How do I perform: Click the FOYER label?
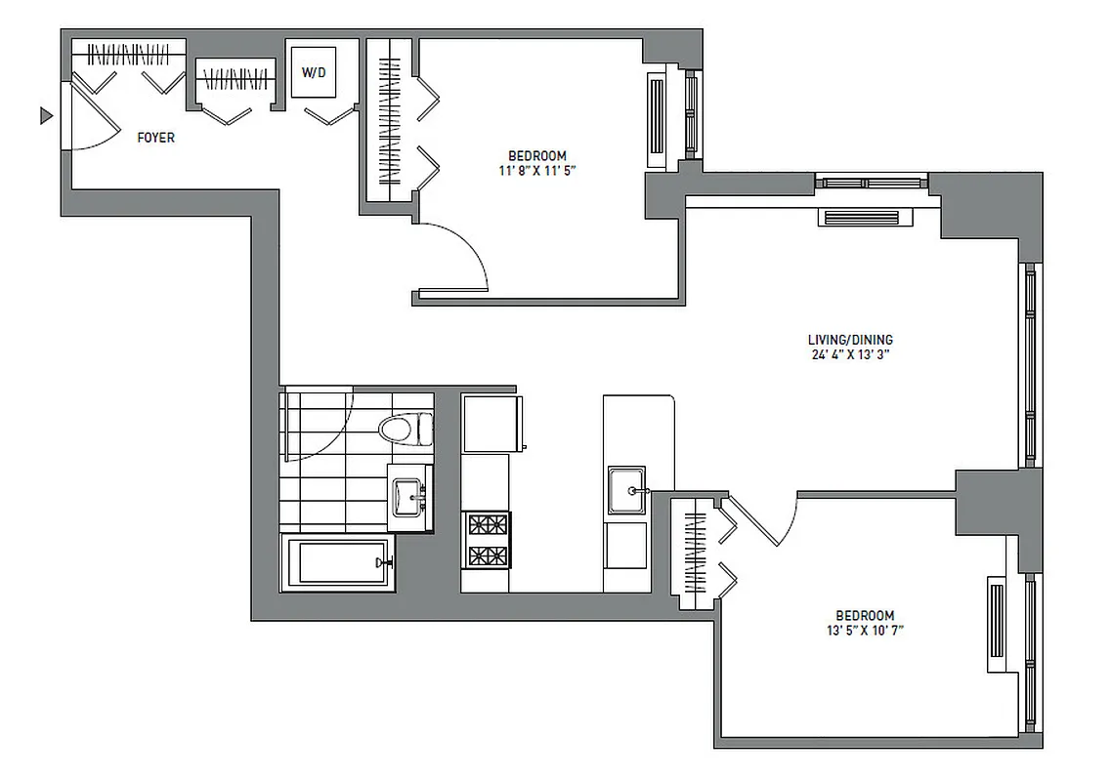[x=155, y=138]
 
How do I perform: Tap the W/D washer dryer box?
[x=313, y=72]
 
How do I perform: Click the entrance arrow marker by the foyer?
[x=45, y=116]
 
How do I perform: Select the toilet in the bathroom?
[x=406, y=428]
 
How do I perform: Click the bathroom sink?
[x=409, y=497]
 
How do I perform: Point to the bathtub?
[x=338, y=562]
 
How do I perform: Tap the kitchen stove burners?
[x=487, y=540]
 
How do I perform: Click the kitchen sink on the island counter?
[x=625, y=489]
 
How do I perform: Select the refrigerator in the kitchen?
[x=491, y=423]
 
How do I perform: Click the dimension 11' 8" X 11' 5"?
[x=536, y=171]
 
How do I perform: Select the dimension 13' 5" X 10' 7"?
[x=864, y=631]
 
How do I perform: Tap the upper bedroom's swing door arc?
[x=459, y=254]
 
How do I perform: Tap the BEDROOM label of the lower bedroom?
[x=865, y=615]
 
